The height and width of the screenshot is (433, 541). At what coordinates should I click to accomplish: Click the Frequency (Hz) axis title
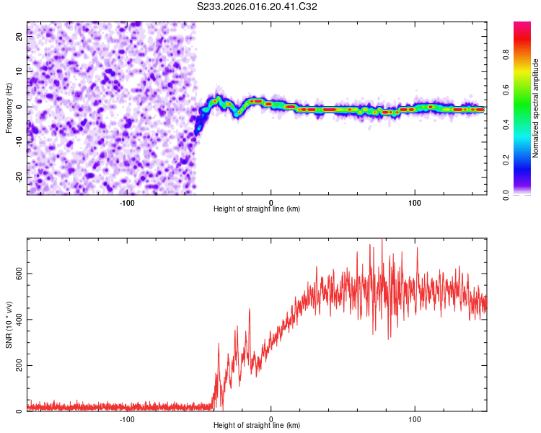click(9, 108)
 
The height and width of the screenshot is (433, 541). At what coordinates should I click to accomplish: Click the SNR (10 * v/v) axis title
click(9, 325)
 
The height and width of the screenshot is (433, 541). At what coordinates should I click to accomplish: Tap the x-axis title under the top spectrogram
click(257, 209)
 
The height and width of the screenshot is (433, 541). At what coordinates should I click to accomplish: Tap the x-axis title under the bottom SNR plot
click(257, 425)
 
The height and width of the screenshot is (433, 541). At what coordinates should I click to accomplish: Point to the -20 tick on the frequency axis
click(19, 177)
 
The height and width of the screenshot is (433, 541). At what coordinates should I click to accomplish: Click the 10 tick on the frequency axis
click(19, 71)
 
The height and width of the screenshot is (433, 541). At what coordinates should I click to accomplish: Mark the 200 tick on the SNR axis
click(16, 365)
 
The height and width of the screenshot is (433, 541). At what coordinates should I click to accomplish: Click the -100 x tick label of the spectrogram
click(127, 202)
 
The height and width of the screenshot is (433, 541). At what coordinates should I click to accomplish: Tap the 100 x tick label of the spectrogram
click(415, 202)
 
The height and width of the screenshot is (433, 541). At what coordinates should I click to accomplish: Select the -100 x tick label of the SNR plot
click(127, 419)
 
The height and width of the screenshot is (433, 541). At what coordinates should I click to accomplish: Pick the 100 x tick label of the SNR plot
click(415, 419)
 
